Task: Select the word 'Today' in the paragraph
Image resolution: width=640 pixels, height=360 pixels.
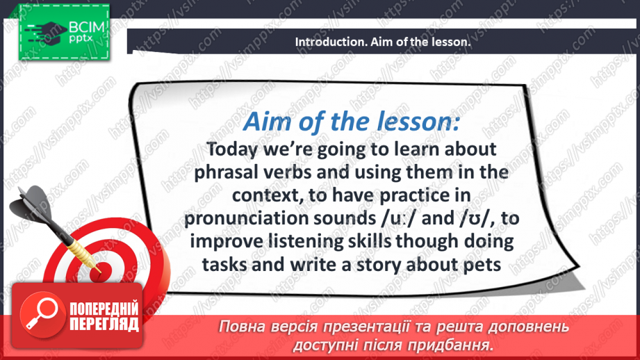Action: click(232, 149)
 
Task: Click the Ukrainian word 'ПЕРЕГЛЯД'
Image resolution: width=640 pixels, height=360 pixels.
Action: click(104, 325)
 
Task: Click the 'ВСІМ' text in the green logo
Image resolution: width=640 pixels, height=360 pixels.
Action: click(87, 28)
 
